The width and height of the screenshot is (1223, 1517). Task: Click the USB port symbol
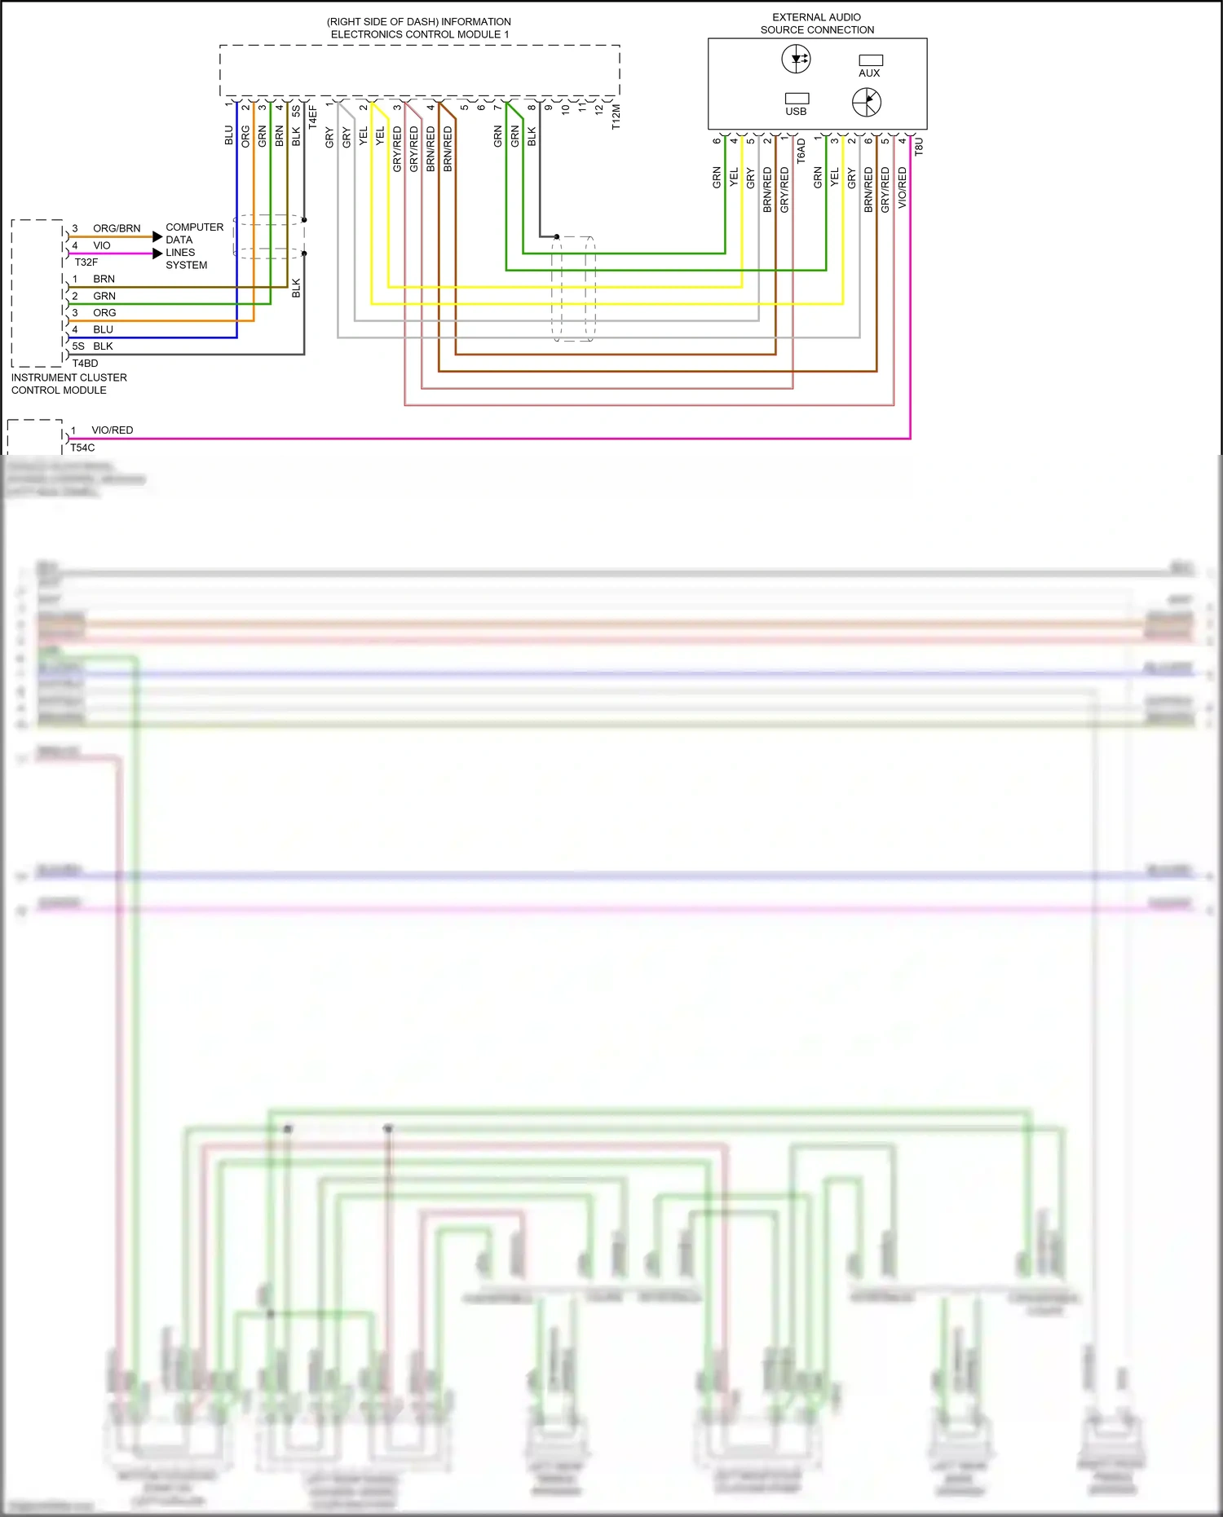797,98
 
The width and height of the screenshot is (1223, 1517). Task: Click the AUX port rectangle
871,60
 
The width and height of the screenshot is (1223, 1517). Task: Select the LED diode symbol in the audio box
796,59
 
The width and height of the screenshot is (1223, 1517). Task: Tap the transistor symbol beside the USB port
866,102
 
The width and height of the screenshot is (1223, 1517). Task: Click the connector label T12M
616,117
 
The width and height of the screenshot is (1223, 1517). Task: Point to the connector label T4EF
312,117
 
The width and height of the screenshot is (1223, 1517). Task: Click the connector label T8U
918,147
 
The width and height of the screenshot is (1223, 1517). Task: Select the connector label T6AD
801,151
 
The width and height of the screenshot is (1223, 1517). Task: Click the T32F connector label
86,262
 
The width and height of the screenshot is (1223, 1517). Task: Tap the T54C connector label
82,448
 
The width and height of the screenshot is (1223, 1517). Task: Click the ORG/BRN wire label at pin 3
117,228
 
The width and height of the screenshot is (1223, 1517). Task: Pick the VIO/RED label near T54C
112,430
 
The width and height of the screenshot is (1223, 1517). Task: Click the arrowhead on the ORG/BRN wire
157,236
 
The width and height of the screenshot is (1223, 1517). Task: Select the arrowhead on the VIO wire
157,254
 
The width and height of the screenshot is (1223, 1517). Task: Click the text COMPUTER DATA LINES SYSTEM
193,246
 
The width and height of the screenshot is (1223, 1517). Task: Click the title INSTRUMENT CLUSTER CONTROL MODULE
68,384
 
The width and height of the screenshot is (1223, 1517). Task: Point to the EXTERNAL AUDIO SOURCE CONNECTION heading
817,23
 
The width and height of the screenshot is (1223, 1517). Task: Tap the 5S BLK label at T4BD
92,346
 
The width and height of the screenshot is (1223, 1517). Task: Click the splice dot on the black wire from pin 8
557,236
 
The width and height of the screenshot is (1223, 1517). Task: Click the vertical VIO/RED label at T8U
902,187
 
